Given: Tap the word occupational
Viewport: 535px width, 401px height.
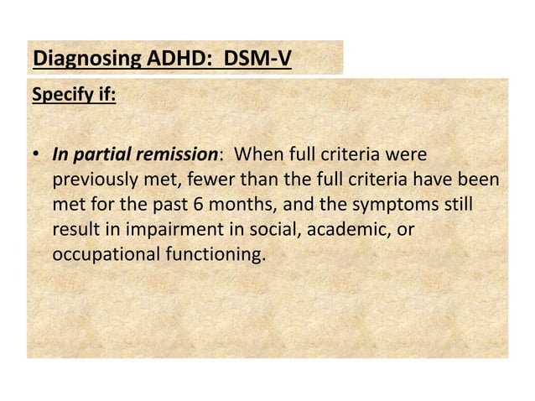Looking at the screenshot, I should [107, 253].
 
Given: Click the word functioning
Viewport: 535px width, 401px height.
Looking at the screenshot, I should [217, 253].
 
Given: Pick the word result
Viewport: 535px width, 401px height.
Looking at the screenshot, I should [76, 228].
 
